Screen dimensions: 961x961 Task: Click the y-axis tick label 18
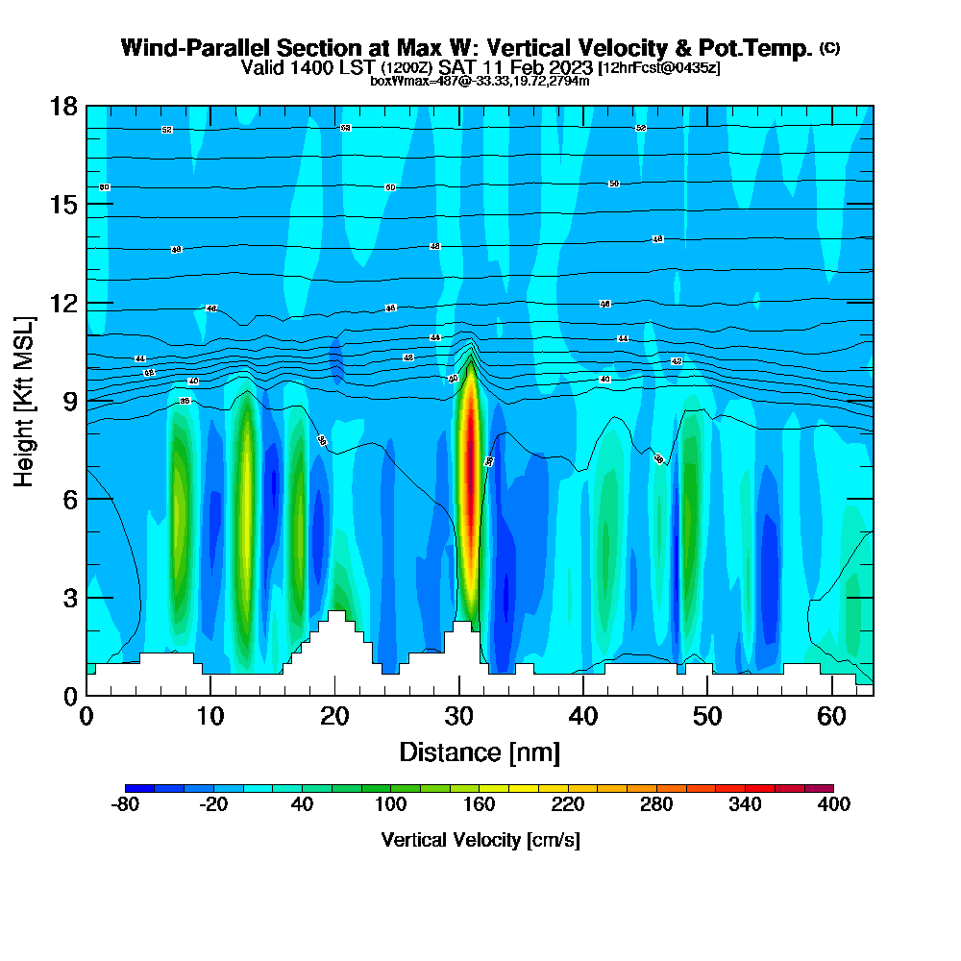(63, 107)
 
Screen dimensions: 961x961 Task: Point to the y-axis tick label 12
(63, 303)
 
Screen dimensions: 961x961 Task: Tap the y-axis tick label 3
(70, 598)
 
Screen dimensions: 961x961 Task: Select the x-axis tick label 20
(334, 717)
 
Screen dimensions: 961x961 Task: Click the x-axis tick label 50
(708, 717)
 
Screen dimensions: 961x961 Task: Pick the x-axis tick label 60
(832, 717)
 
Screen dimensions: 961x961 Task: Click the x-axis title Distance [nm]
(480, 752)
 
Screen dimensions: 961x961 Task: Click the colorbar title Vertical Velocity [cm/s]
(480, 840)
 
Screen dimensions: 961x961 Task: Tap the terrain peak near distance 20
(335, 615)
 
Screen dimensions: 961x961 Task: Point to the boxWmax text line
(480, 81)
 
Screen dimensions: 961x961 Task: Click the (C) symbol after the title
(828, 48)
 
